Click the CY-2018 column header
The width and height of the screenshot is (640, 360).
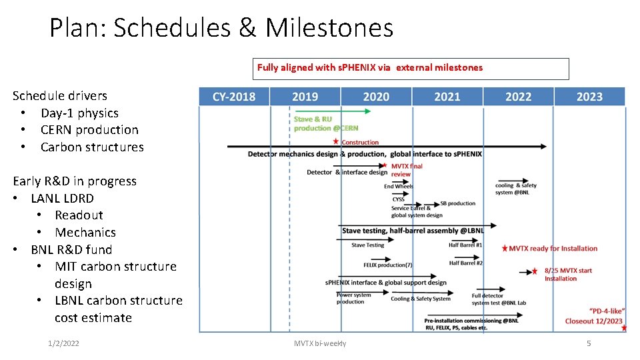pos(234,97)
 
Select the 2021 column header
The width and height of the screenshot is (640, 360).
pos(447,97)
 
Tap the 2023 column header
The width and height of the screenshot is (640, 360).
pos(589,97)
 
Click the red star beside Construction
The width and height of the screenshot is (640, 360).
pos(336,141)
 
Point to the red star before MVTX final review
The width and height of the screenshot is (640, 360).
pos(385,165)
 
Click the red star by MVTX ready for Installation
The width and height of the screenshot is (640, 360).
pos(504,248)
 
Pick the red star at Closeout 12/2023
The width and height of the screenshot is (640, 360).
pos(624,327)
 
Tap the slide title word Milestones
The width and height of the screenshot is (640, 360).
pos(329,28)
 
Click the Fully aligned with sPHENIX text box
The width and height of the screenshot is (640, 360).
pos(413,68)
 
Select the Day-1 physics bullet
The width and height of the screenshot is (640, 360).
pos(79,113)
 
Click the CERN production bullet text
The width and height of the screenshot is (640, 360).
pos(89,130)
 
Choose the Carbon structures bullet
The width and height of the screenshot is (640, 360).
pos(92,147)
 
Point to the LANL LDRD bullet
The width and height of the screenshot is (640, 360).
pos(62,198)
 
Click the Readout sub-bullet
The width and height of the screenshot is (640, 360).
pos(79,215)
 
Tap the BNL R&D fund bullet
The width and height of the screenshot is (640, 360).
pos(71,249)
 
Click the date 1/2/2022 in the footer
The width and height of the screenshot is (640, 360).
pos(64,343)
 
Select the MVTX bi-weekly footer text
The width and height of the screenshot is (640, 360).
pos(320,343)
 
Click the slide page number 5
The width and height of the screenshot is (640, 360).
pos(589,343)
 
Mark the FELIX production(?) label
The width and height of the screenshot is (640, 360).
pos(388,265)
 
